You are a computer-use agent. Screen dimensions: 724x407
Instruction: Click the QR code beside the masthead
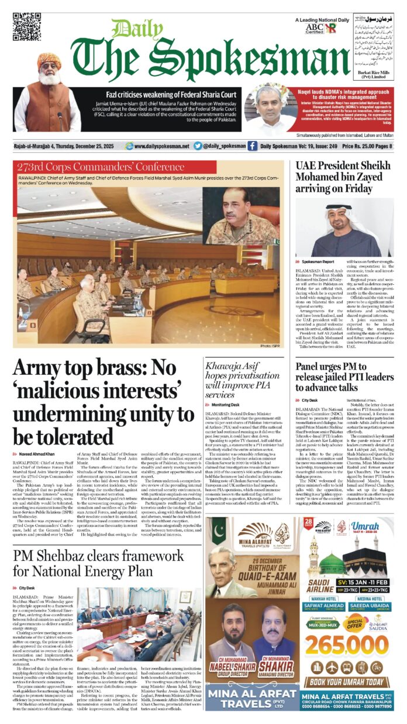coord(27,27)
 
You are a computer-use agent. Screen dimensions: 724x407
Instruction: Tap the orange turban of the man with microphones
coord(49,60)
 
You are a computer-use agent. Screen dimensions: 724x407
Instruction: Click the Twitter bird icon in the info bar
coord(198,146)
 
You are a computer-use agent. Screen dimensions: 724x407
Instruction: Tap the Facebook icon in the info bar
coord(252,146)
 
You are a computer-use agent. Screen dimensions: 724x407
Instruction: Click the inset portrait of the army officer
coord(241,215)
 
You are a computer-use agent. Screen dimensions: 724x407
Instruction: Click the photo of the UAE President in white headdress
coord(344,227)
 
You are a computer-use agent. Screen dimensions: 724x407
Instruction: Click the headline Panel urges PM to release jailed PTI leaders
coord(344,377)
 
